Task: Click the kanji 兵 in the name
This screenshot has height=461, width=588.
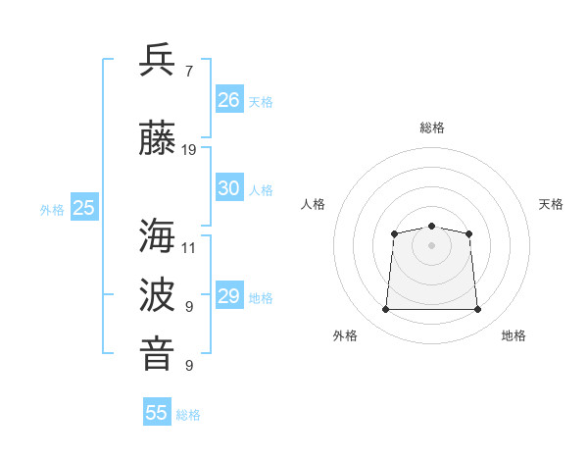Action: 157,59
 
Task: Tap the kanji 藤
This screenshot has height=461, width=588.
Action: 157,137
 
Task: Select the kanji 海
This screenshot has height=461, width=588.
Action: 157,235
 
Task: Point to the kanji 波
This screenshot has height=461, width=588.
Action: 157,294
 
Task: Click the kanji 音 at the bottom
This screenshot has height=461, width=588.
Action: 157,353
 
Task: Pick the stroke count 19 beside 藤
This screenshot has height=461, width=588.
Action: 188,150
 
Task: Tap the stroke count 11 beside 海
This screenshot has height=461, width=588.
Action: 188,248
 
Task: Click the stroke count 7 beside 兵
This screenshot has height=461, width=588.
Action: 189,72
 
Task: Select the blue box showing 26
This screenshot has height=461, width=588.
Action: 229,98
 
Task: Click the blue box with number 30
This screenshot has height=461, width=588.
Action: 229,186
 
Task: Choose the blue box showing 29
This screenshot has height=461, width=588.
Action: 229,294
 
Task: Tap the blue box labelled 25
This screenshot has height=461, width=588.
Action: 84,206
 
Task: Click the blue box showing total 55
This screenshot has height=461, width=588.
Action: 157,411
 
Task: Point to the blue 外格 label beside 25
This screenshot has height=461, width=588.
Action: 52,210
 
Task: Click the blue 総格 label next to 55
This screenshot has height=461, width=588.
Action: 188,415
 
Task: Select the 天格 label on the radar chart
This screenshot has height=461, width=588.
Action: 551,204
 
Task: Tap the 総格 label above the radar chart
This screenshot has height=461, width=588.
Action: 432,128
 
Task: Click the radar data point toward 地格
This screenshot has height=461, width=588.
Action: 477,309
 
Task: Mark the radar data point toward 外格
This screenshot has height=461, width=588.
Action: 385,309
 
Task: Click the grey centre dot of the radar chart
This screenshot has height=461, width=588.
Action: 431,245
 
